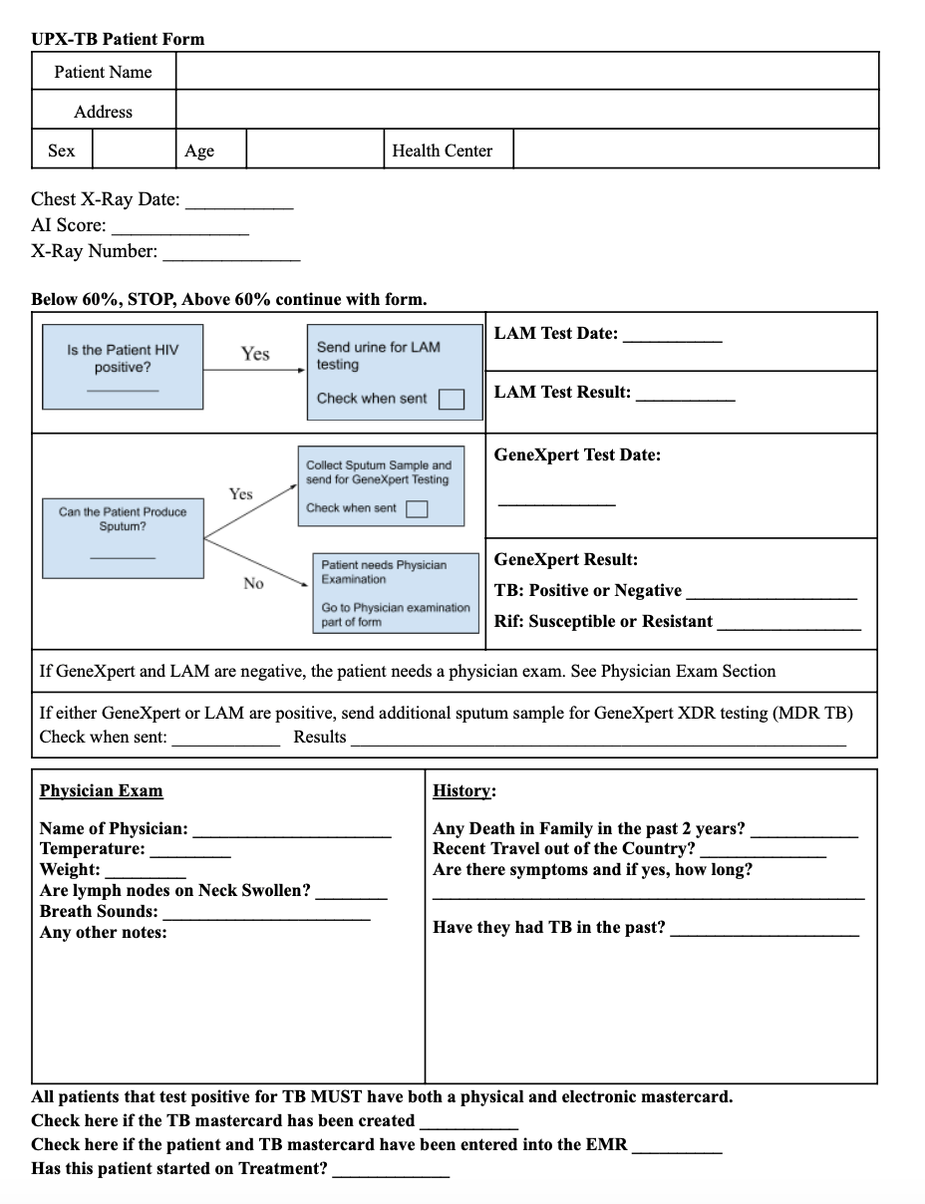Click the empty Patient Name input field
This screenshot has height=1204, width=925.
click(x=526, y=72)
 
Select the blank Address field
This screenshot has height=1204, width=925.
click(x=526, y=111)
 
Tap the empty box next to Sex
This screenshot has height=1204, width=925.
click(x=134, y=150)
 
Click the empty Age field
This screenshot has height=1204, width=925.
click(x=314, y=150)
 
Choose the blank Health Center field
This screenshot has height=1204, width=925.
click(x=695, y=150)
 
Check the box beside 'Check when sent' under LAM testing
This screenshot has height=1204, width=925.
click(x=452, y=399)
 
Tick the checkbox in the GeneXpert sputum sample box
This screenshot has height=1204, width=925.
click(x=417, y=508)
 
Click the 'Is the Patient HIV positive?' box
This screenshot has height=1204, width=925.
click(x=123, y=366)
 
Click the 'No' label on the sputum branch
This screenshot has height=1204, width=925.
click(x=253, y=584)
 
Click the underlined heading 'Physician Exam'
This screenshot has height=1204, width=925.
click(x=101, y=791)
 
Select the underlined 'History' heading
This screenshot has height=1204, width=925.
click(x=463, y=791)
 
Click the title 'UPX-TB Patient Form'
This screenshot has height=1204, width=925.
click(x=118, y=39)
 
